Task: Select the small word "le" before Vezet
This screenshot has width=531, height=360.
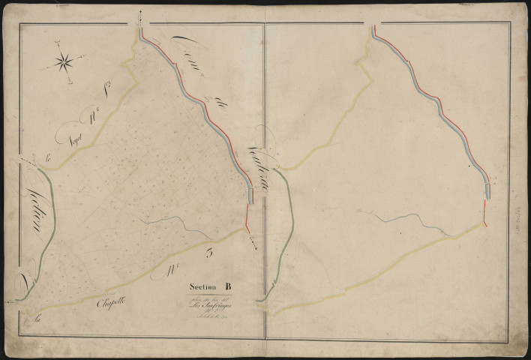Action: [49, 157]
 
